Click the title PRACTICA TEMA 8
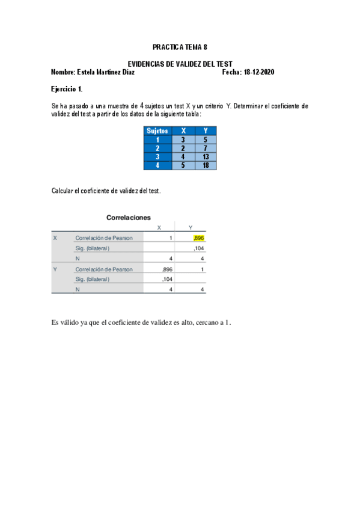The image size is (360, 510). click(x=180, y=46)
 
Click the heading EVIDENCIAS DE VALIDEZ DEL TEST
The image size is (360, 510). click(x=180, y=64)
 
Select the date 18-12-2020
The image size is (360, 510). click(x=258, y=72)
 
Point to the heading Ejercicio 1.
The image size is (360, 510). click(x=67, y=89)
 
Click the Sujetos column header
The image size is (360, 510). click(x=157, y=131)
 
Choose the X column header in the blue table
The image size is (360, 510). click(x=183, y=131)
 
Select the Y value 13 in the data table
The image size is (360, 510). click(x=206, y=156)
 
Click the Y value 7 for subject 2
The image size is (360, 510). click(x=206, y=148)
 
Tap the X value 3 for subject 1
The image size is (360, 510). click(x=183, y=140)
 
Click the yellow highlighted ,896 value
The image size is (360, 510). click(x=199, y=238)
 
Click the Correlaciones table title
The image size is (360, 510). click(x=128, y=218)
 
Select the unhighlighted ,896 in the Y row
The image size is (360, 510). click(x=168, y=269)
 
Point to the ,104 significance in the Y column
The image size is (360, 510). click(x=199, y=248)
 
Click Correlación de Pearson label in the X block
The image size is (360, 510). click(x=104, y=238)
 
